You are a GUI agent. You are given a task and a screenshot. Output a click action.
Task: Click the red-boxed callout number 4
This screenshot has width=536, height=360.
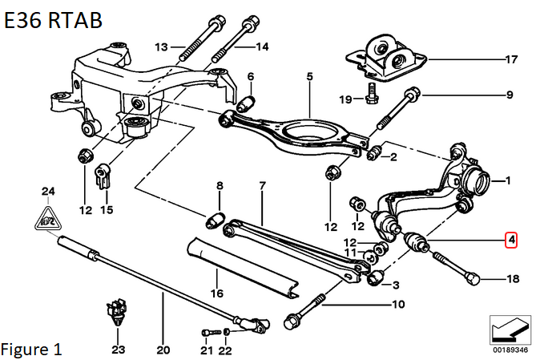coord(511,240)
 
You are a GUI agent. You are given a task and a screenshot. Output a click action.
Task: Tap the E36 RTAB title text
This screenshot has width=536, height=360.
coord(53,20)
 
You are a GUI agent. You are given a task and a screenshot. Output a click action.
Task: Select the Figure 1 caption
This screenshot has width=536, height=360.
coord(31,350)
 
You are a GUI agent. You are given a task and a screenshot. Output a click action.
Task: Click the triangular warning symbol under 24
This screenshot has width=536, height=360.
coord(48,219)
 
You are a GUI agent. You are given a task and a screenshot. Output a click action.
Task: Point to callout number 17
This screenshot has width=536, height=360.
coord(511,59)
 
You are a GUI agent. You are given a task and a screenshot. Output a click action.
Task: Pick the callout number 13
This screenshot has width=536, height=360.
coord(162,47)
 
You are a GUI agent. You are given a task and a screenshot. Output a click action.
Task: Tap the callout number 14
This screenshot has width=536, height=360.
coord(262,47)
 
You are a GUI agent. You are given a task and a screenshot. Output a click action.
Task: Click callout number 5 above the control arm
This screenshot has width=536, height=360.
coord(309,76)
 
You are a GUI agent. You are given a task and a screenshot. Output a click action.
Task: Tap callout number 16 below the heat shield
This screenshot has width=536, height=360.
coord(217,293)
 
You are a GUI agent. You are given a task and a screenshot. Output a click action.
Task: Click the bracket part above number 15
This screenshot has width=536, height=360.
coord(103,176)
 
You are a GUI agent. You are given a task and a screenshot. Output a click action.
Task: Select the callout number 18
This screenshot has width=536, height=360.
coord(513,279)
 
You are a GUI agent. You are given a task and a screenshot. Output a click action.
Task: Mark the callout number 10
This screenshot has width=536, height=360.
coord(398,304)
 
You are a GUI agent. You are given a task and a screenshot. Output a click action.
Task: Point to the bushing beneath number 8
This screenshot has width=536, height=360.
coord(216,220)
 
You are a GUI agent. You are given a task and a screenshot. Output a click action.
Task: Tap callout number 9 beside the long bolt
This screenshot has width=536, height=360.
coord(510,95)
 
